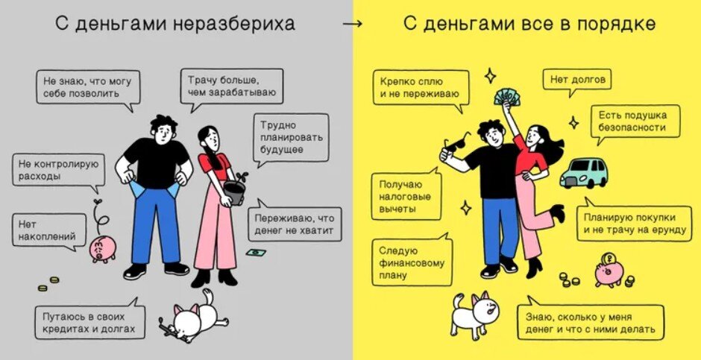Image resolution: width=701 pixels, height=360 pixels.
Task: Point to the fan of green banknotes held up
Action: tap(509, 97)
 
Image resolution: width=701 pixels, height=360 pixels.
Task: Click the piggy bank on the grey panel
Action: tap(102, 249)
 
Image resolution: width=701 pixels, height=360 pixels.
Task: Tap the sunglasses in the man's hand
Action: tap(455, 145)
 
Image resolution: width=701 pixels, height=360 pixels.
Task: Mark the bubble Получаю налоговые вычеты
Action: tap(406, 197)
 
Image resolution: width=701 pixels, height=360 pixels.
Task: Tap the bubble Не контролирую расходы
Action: tap(59, 170)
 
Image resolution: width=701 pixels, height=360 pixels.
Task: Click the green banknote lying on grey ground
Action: tap(257, 253)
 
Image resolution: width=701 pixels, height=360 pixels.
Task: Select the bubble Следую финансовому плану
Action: tap(411, 262)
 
